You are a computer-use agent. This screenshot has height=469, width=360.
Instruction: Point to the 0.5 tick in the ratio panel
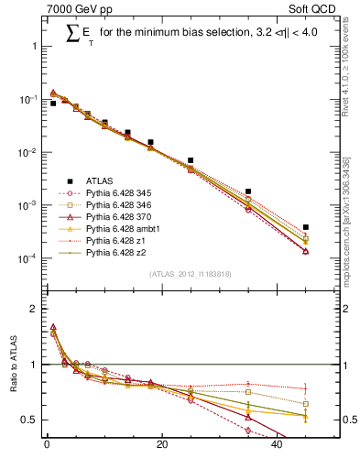pyautogui.click(x=33, y=420)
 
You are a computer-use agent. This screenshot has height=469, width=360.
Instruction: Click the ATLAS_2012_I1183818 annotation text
pyautogui.click(x=191, y=274)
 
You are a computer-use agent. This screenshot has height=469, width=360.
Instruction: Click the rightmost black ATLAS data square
pyautogui.click(x=306, y=227)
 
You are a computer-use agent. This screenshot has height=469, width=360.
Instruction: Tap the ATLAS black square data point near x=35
pyautogui.click(x=248, y=191)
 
